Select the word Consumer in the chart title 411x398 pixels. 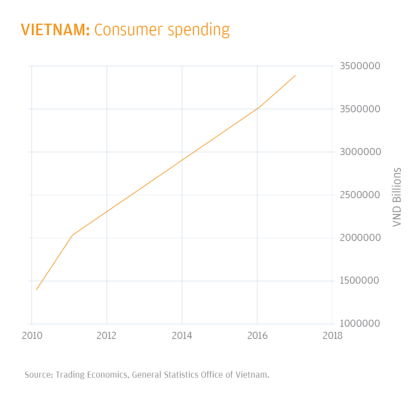point(129,30)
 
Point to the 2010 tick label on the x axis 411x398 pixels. point(32,336)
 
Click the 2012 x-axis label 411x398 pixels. point(107,336)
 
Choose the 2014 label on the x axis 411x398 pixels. point(182,336)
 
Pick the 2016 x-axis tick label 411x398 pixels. point(257,336)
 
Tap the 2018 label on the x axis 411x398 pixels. point(332,336)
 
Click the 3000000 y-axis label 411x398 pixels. point(360,152)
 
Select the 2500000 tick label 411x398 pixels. point(360,195)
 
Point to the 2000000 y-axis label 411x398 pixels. point(360,238)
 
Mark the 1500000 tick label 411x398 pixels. point(360,281)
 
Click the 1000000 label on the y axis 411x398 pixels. point(360,323)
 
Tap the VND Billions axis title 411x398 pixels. point(397,197)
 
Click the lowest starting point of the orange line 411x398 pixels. point(36,290)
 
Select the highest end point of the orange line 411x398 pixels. point(295,76)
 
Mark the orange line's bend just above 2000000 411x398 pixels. point(73,235)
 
